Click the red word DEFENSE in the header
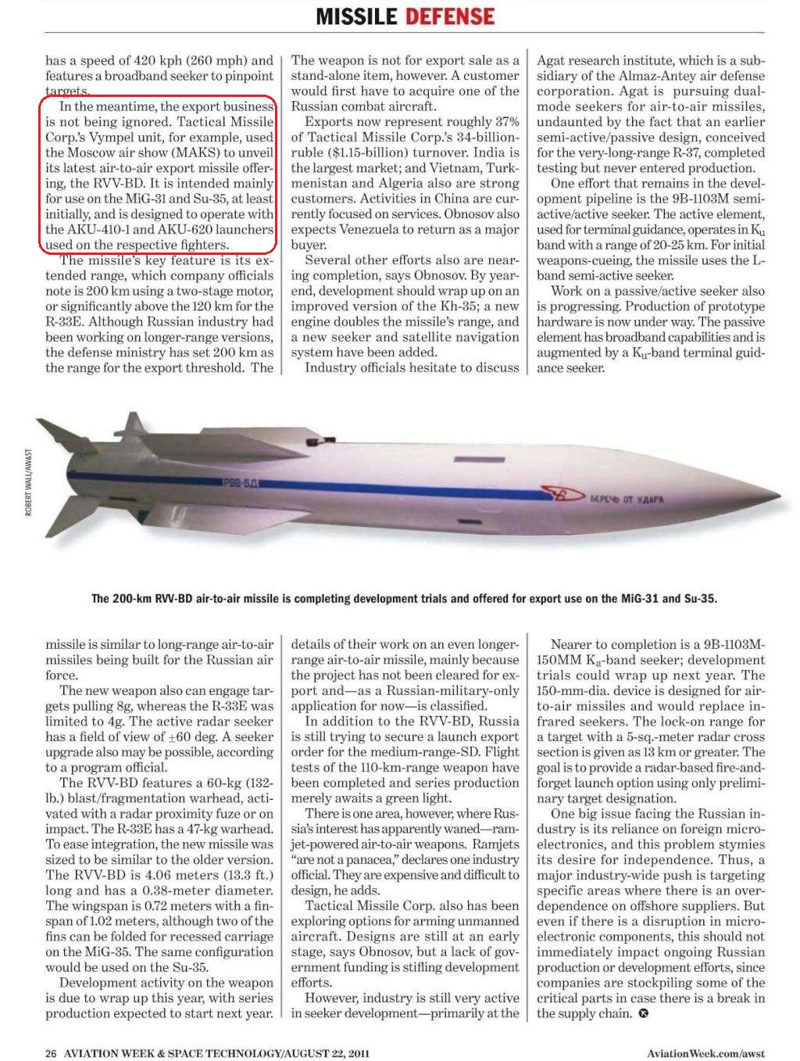[449, 16]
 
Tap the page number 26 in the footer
[51, 1053]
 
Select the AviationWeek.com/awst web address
[705, 1053]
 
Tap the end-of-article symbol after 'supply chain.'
[643, 1014]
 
